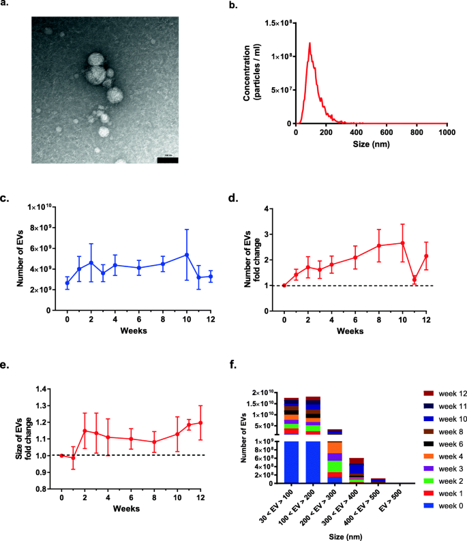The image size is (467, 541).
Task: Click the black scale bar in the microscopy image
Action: point(168,160)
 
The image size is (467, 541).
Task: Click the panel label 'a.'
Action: point(6,6)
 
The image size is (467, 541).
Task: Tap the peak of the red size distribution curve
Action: point(310,44)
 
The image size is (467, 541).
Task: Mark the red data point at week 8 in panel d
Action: point(379,245)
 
